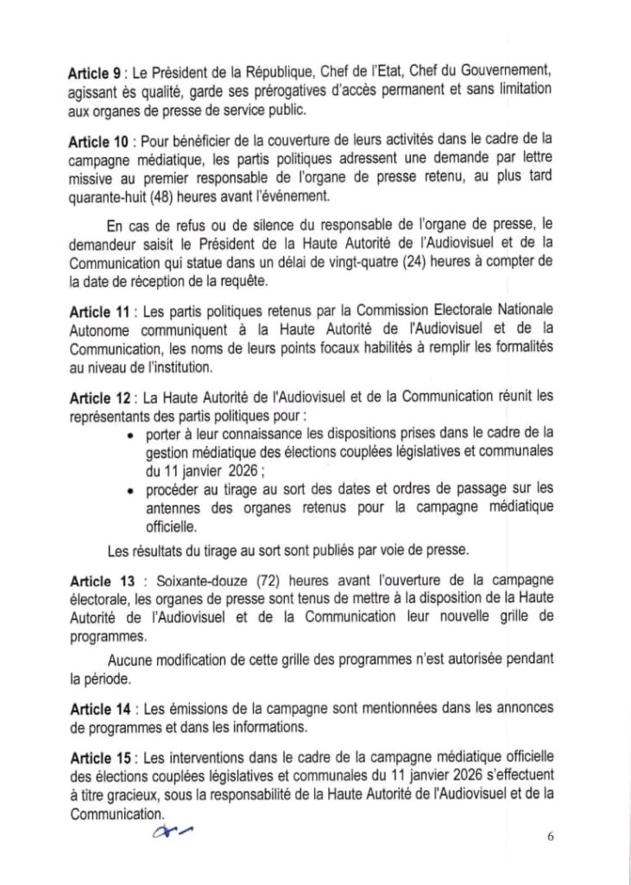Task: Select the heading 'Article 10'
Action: (98, 141)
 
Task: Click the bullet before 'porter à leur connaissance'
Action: (129, 434)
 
